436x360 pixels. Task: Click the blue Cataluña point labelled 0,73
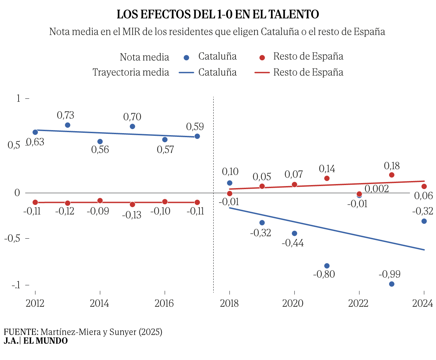pos(67,125)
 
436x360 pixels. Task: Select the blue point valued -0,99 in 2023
pos(391,284)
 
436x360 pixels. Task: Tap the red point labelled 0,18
pos(391,175)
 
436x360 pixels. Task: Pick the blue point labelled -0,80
pos(327,266)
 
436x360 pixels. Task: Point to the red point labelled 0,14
pos(327,178)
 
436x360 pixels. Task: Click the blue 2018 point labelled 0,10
pos(229,183)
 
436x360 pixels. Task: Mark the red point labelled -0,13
pos(132,204)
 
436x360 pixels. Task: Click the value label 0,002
pos(377,189)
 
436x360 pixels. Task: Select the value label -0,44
pos(293,243)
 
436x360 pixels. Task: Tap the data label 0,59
pos(195,126)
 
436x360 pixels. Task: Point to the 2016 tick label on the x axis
pos(164,303)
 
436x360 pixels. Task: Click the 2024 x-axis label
pos(423,303)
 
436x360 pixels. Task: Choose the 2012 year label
pos(35,303)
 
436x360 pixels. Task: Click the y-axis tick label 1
pos(19,98)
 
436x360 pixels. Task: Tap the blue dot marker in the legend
pos(186,58)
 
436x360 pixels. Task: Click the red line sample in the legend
pos(262,72)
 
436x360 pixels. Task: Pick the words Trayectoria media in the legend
pos(131,72)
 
